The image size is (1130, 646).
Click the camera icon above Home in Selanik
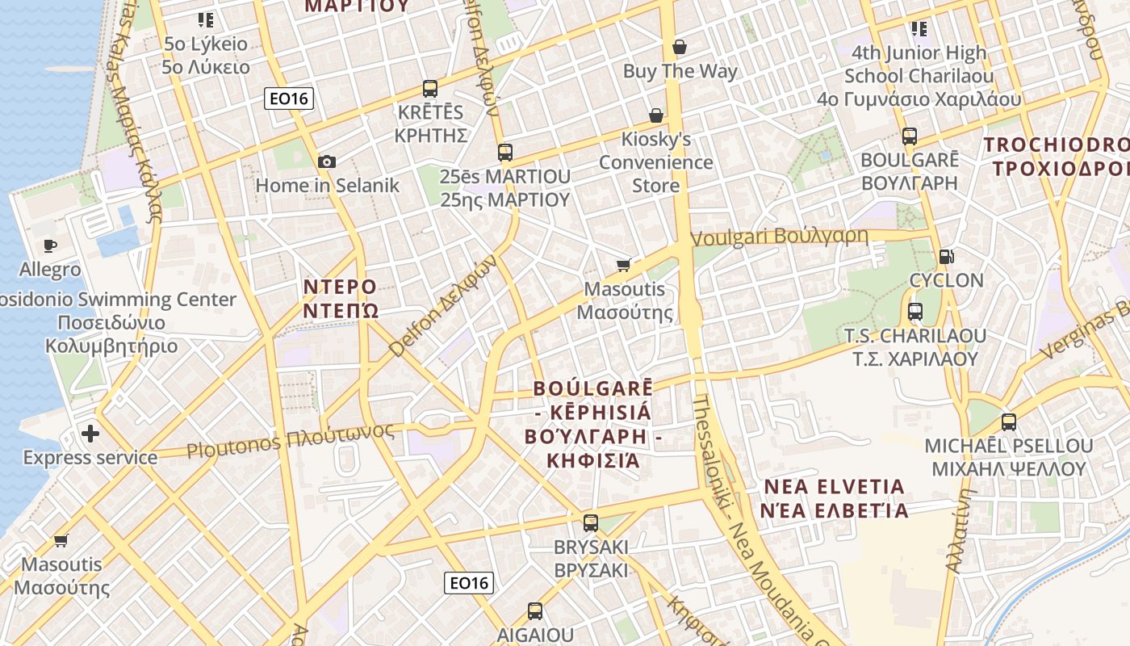[x=327, y=161]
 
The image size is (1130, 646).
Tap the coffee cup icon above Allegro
[x=50, y=245]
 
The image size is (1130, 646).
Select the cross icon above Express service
[x=90, y=434]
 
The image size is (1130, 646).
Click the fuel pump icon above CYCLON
[x=947, y=257]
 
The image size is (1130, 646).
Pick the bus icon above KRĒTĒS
[x=430, y=88]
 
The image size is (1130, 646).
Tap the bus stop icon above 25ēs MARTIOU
[x=505, y=152]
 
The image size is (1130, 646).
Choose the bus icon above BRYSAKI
[x=591, y=522]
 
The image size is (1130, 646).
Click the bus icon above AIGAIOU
[x=534, y=610]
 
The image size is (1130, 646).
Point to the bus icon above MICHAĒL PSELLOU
[x=1009, y=422]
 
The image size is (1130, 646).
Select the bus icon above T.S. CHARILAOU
[x=915, y=311]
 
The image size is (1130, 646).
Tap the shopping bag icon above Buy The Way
[x=680, y=47]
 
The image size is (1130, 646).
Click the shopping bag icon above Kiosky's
[x=656, y=115]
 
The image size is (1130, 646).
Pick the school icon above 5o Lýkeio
[x=205, y=19]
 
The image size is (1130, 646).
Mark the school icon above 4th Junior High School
[x=919, y=29]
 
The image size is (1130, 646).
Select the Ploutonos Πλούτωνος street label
[x=291, y=439]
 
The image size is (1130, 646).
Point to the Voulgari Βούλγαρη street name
[x=780, y=237]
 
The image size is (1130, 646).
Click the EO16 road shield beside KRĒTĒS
[x=289, y=99]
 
